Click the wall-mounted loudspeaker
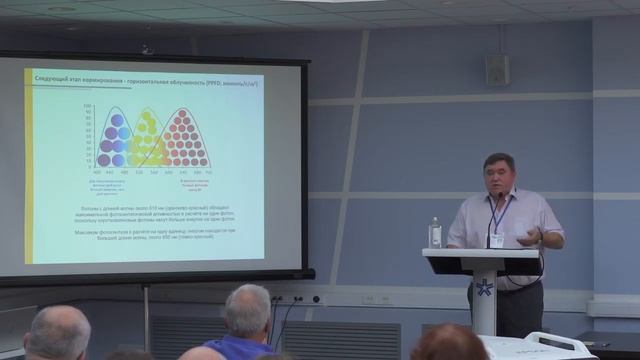tap(497, 69)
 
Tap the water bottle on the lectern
tap(435, 233)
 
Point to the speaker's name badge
tap(497, 240)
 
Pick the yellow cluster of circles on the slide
tap(149, 140)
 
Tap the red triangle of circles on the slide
tap(185, 140)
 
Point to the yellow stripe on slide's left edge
tap(29, 165)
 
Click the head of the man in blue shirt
tap(247, 309)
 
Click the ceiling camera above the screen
tap(147, 47)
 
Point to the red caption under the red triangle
tap(194, 183)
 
